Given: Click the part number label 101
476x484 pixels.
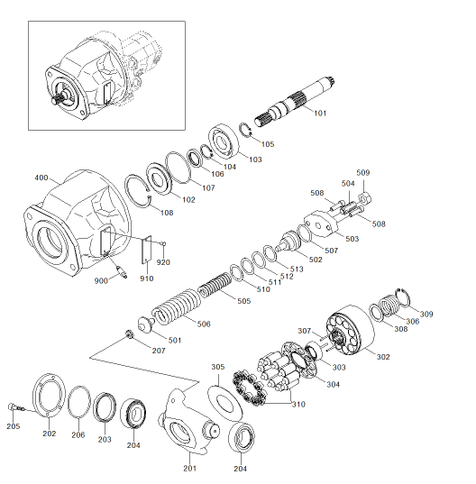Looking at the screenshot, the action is click(x=320, y=114).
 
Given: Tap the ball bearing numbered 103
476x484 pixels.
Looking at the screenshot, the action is click(x=224, y=141).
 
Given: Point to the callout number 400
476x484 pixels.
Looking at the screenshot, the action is click(x=41, y=178).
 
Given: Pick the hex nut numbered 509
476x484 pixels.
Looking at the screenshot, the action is click(x=365, y=196).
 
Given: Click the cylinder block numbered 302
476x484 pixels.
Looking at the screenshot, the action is click(x=350, y=330).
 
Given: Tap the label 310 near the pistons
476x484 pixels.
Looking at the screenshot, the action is click(x=298, y=404).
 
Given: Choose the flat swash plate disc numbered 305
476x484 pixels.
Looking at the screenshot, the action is click(x=224, y=402).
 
